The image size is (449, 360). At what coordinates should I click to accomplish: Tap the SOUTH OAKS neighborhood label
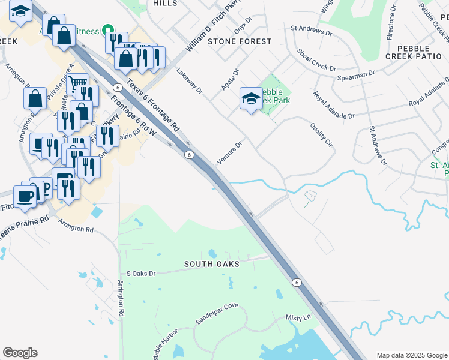click(x=212, y=264)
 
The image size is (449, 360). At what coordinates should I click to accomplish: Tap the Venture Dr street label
click(x=229, y=154)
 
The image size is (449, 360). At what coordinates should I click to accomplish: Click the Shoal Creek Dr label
click(x=316, y=60)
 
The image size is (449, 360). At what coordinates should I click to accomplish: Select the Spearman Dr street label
click(x=356, y=74)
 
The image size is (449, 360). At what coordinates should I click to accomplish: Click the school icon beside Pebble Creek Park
click(x=251, y=98)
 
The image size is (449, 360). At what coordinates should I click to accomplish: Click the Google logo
click(x=20, y=353)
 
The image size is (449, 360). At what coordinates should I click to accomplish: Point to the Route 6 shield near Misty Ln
click(x=296, y=282)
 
